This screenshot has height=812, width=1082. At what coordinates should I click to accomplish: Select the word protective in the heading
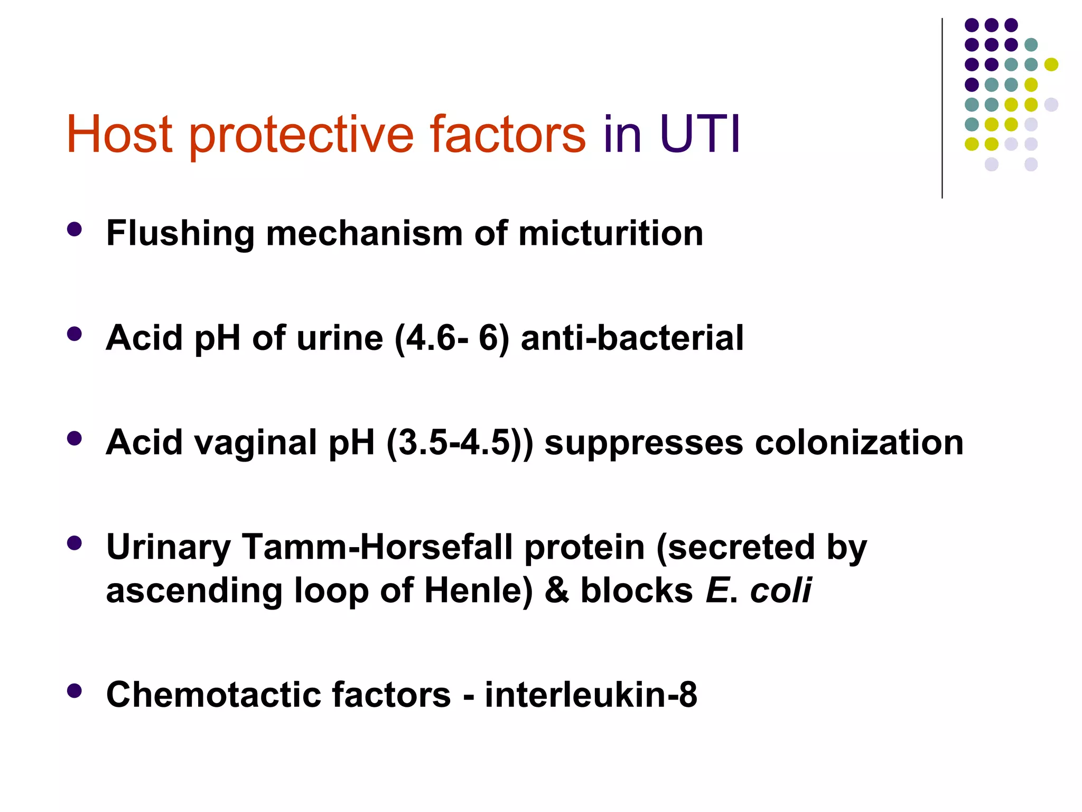(x=301, y=136)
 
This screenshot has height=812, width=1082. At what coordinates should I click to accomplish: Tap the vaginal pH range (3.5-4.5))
(x=460, y=442)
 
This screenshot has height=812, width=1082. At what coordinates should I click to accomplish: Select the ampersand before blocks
(x=557, y=590)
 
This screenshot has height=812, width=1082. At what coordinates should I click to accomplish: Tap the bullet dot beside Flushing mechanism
(x=74, y=229)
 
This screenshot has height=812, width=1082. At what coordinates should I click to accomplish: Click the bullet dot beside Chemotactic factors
(x=74, y=690)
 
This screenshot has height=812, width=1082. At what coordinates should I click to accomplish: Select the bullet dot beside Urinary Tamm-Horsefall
(x=74, y=543)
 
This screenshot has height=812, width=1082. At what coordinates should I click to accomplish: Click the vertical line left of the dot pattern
(x=942, y=108)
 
